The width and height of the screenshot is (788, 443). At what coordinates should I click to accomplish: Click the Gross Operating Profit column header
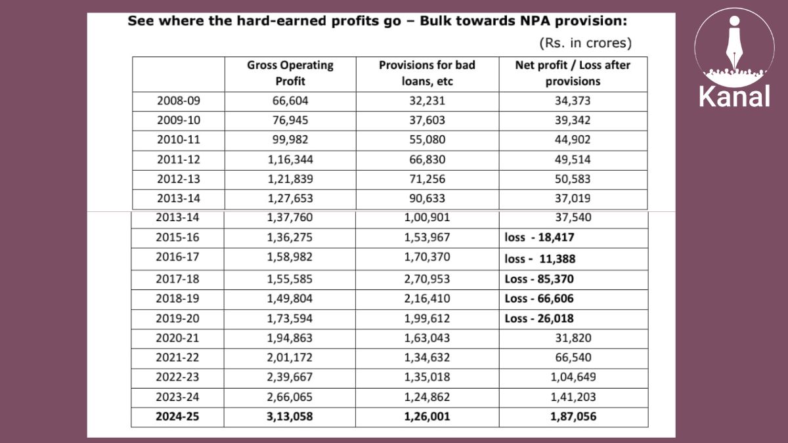290,73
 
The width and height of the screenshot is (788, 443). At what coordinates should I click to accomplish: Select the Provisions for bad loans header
427,73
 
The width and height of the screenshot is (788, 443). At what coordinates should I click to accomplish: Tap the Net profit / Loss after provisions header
573,73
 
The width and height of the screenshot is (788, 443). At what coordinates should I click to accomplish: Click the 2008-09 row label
179,101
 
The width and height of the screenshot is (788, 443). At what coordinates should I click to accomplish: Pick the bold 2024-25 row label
177,417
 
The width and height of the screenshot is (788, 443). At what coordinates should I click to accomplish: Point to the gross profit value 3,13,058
290,417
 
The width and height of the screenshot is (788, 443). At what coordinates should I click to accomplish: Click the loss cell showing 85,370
539,279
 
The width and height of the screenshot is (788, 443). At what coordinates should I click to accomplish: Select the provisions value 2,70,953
427,279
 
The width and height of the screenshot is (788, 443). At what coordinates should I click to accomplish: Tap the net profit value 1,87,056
573,417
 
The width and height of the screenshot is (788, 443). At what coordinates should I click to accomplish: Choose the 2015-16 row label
177,238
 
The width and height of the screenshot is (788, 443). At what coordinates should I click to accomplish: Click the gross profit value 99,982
290,140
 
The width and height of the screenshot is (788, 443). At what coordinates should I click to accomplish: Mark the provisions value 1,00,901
427,217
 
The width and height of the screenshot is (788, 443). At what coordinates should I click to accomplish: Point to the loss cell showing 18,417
539,238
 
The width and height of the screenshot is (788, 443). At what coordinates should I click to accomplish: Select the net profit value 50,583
573,179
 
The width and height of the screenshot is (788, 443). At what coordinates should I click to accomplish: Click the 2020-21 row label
177,338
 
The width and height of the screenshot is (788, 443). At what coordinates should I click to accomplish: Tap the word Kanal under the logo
735,96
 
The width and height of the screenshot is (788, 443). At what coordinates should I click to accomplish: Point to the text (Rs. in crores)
586,43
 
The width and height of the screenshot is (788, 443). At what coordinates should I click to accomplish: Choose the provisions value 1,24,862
427,397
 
